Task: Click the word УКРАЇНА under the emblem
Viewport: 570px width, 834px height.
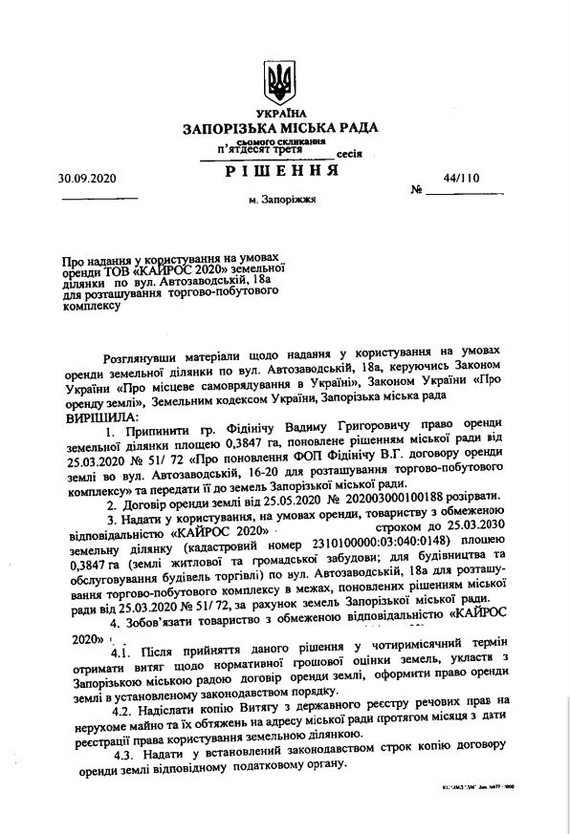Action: click(280, 114)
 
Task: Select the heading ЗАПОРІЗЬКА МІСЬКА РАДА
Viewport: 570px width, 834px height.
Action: click(280, 128)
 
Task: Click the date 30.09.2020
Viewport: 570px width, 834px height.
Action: click(86, 178)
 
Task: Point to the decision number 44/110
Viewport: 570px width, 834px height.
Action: click(465, 178)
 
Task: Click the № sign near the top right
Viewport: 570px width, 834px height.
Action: click(416, 190)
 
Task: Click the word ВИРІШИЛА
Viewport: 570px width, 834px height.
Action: click(100, 417)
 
